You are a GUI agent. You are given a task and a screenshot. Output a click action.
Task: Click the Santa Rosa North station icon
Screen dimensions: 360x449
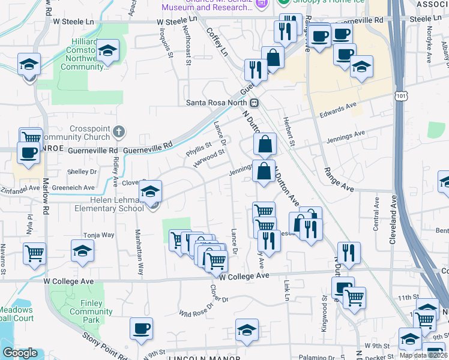[255, 102]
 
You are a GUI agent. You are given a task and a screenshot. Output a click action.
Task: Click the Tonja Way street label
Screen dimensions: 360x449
[100, 235]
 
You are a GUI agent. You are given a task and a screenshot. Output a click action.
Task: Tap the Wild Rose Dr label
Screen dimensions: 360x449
[196, 312]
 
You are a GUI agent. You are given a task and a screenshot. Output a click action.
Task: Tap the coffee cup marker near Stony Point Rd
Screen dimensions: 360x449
[141, 329]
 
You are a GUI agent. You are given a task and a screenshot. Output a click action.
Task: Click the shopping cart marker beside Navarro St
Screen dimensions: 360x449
[35, 253]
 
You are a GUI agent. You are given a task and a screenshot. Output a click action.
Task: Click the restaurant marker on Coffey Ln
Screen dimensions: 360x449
[256, 70]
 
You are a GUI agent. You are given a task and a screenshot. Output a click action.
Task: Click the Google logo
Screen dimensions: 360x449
[20, 353]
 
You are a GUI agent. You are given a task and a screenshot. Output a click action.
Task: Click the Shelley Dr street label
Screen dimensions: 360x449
[82, 172]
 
